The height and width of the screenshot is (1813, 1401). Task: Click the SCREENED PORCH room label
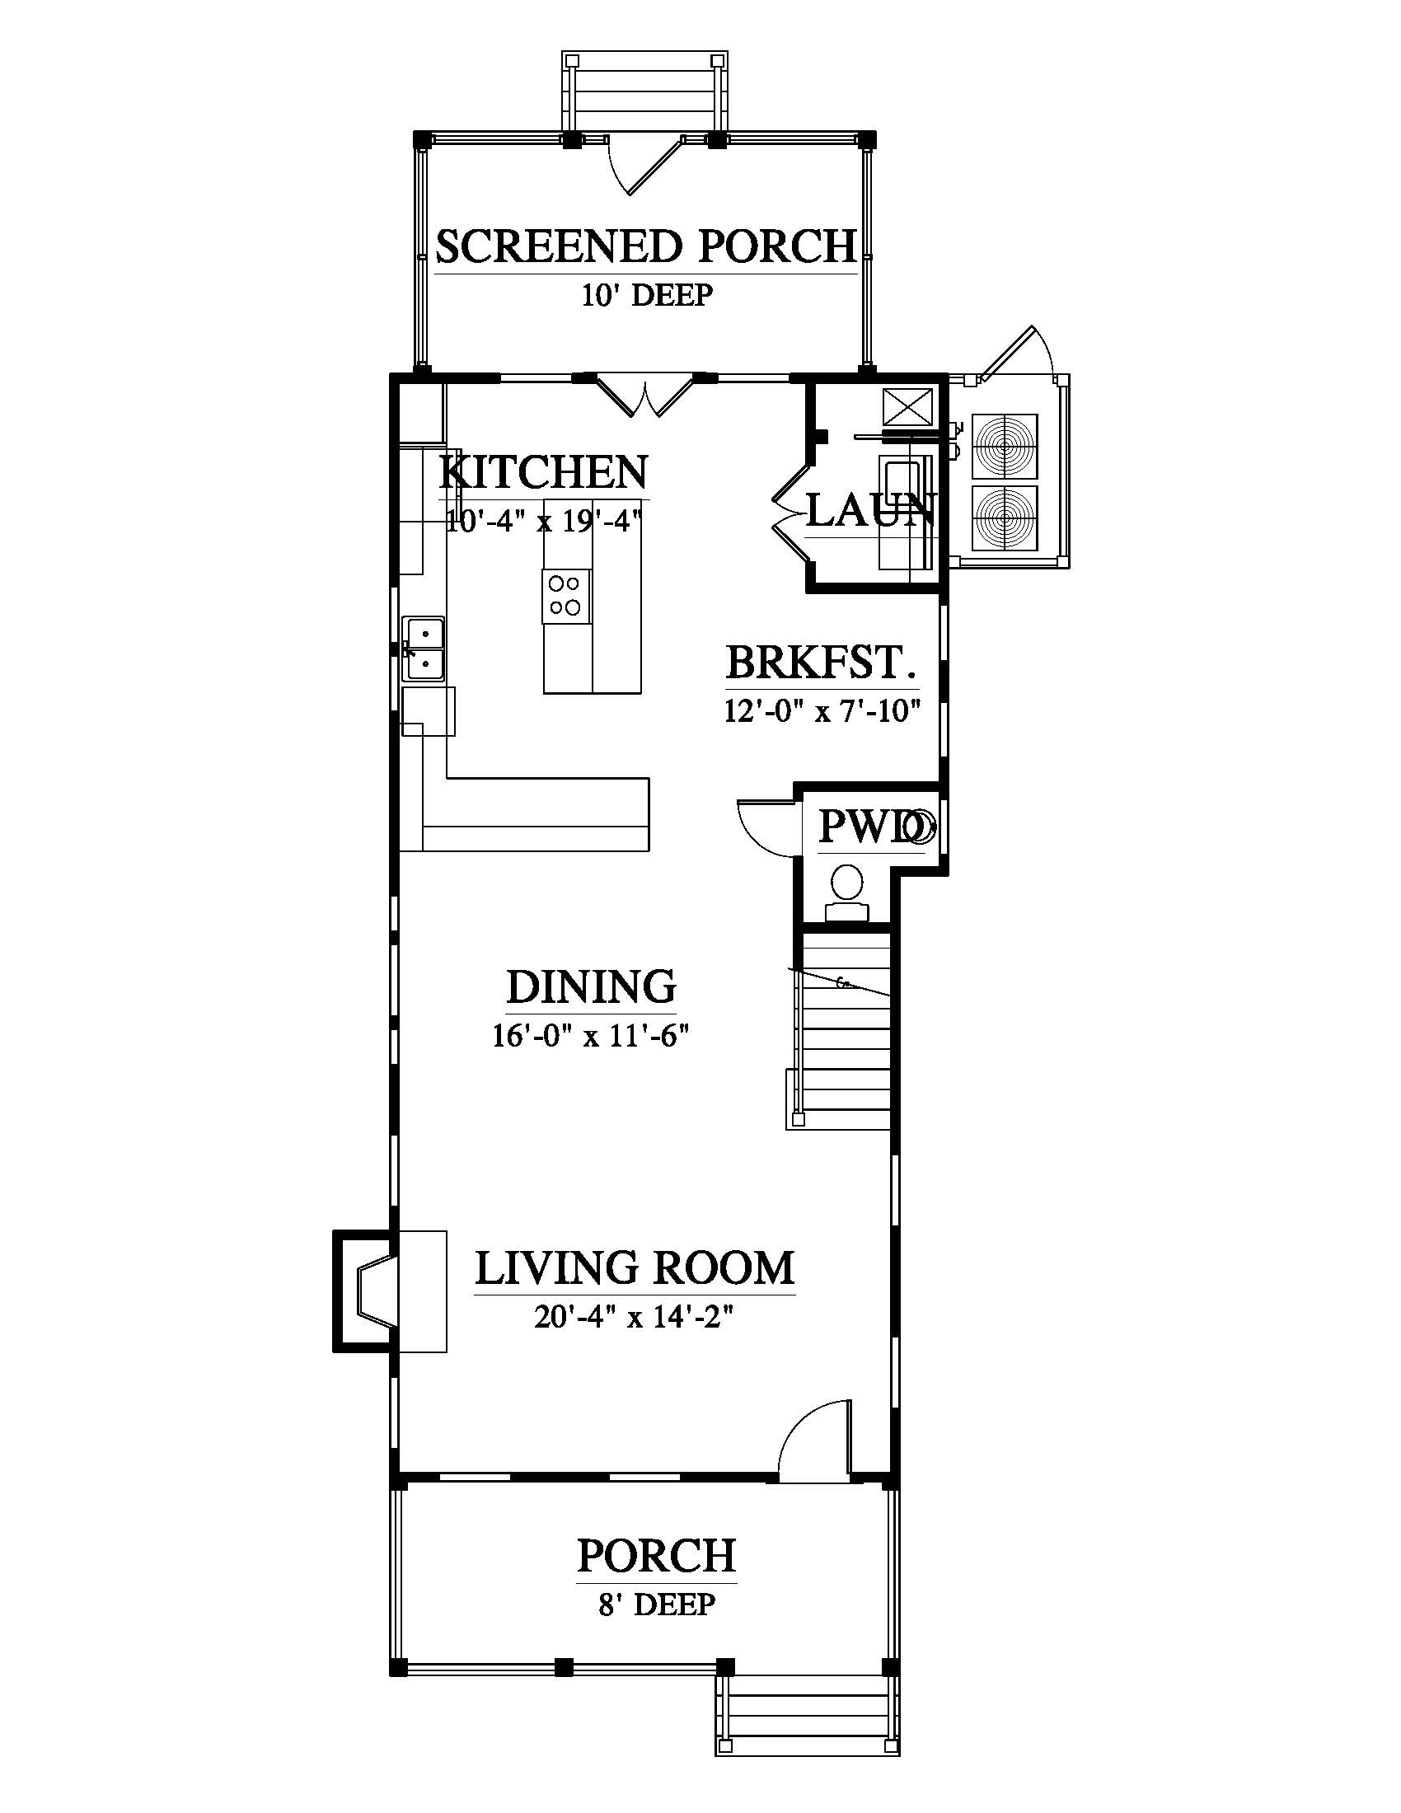click(646, 246)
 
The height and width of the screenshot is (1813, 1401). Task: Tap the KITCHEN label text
click(543, 472)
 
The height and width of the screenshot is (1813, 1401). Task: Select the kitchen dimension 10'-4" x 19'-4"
click(545, 522)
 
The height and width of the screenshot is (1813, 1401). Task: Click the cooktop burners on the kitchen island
click(567, 596)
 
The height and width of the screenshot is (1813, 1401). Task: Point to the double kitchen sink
click(424, 649)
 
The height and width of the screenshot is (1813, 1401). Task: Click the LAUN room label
click(870, 511)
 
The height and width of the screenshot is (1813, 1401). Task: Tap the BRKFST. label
click(821, 663)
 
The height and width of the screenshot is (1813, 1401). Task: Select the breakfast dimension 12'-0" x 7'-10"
click(822, 711)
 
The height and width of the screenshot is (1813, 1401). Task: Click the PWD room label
click(869, 827)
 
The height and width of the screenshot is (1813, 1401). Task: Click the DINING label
click(591, 986)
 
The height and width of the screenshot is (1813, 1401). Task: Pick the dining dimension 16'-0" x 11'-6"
click(592, 1036)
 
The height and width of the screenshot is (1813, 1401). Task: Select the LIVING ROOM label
click(635, 1268)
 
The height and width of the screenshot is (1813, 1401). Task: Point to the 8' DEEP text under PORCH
click(657, 1603)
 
